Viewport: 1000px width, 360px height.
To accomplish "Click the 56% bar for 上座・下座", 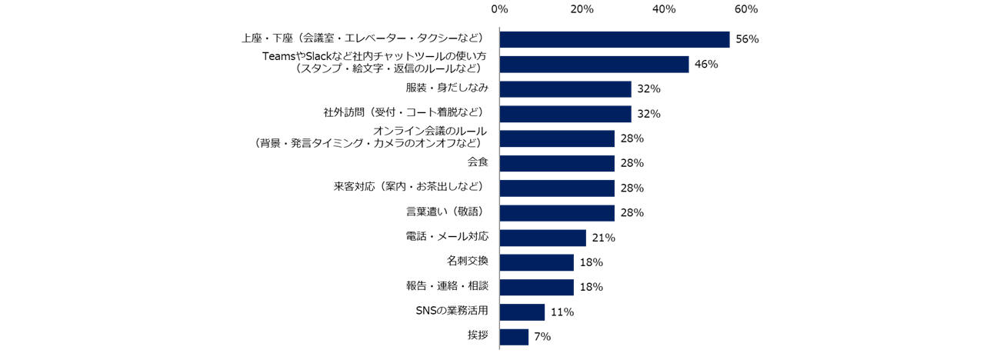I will pyautogui.click(x=614, y=39).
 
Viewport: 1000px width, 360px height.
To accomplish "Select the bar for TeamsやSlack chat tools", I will pyautogui.click(x=594, y=65).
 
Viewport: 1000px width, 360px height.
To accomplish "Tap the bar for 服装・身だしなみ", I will pyautogui.click(x=565, y=89).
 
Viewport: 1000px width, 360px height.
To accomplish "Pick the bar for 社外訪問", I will pyautogui.click(x=565, y=114).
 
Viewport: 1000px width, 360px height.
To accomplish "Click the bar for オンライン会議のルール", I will pyautogui.click(x=557, y=138).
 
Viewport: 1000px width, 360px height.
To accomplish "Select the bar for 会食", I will pyautogui.click(x=557, y=163).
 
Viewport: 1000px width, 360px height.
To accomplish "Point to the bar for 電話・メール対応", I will pyautogui.click(x=542, y=238).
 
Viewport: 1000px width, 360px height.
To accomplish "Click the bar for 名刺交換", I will pyautogui.click(x=536, y=262).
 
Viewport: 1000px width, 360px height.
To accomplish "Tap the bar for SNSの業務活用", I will pyautogui.click(x=522, y=312).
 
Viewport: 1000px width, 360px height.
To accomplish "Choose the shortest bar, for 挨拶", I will pyautogui.click(x=514, y=337).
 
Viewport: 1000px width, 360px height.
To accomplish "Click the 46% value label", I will pyautogui.click(x=705, y=65).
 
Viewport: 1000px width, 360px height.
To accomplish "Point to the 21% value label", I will pyautogui.click(x=603, y=238).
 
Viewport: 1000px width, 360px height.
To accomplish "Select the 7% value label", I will pyautogui.click(x=542, y=337).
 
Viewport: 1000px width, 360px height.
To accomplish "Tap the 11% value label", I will pyautogui.click(x=562, y=312).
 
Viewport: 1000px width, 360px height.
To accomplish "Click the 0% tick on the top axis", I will pyautogui.click(x=499, y=9).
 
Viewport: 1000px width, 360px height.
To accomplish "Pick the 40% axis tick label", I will pyautogui.click(x=664, y=9).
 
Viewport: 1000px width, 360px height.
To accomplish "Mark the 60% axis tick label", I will pyautogui.click(x=746, y=9).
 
